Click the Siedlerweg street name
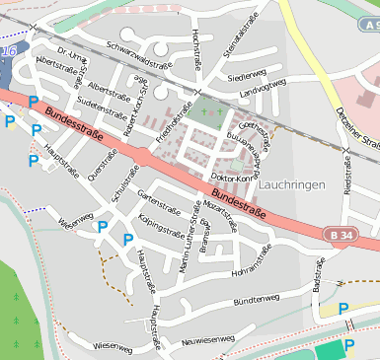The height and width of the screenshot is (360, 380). (246, 75)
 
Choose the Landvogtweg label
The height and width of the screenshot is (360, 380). (264, 90)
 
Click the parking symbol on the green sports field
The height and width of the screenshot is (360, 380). (348, 345)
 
